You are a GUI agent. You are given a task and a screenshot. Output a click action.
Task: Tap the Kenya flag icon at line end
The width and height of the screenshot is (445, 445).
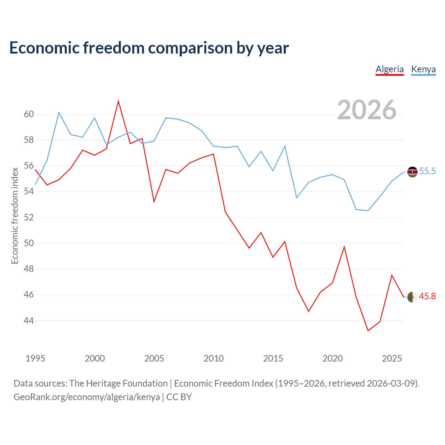tap(412, 172)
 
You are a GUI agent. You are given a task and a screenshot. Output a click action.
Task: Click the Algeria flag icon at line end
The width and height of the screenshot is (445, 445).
tap(412, 297)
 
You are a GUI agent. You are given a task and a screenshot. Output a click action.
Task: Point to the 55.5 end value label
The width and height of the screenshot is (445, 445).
tap(427, 171)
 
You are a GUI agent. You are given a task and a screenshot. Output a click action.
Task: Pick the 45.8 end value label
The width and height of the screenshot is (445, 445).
tap(427, 296)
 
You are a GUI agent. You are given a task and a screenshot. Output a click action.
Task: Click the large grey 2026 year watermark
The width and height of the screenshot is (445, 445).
tap(367, 110)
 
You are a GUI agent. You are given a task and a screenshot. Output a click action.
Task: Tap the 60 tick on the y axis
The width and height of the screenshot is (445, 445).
tap(29, 114)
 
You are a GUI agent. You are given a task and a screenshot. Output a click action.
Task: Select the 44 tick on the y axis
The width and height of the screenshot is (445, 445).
tap(29, 321)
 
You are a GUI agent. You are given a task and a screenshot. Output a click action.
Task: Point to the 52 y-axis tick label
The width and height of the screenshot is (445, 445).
tap(29, 217)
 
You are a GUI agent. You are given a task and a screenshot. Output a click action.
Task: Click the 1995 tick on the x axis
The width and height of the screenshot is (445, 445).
tap(35, 358)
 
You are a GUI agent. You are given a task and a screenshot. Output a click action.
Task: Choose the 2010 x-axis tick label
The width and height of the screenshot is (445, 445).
tap(213, 358)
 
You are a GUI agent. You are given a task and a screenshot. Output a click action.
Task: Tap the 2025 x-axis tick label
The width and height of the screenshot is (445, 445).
tap(392, 358)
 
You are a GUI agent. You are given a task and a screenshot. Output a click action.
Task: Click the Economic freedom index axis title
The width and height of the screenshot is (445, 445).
tap(15, 216)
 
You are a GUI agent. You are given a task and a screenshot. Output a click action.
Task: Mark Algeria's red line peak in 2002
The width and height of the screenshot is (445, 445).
tap(118, 101)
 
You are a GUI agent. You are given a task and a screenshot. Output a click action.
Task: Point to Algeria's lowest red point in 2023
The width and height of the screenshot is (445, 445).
tap(368, 331)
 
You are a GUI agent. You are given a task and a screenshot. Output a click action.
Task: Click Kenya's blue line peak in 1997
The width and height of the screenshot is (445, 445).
tap(59, 113)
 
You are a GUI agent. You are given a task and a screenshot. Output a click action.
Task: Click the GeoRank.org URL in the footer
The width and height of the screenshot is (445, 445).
tap(87, 397)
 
